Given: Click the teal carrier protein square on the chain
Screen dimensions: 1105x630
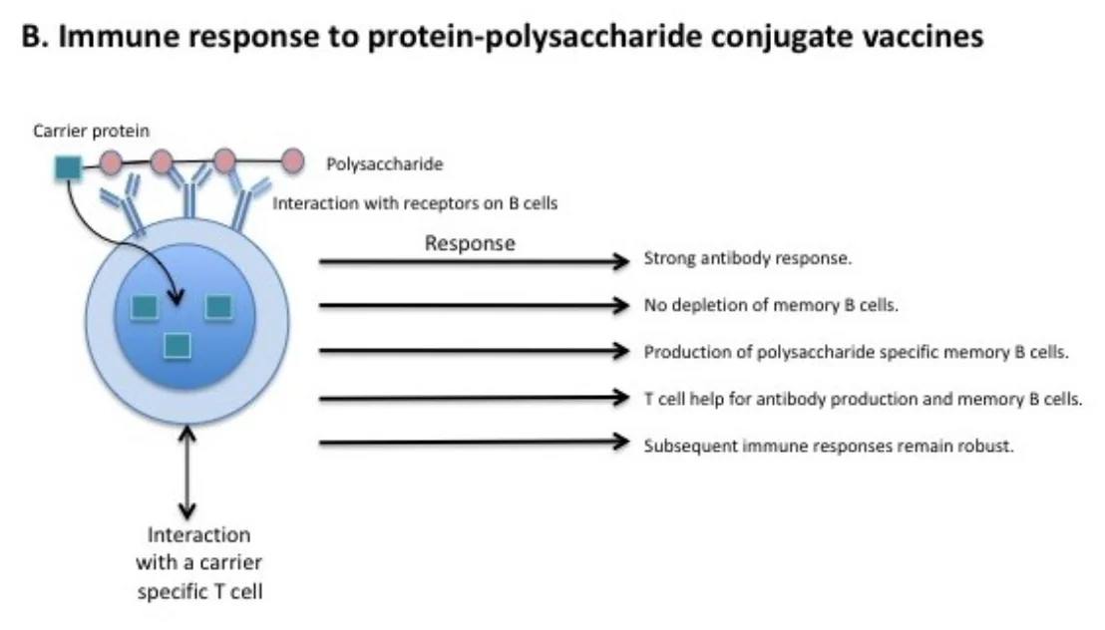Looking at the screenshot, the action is [69, 168].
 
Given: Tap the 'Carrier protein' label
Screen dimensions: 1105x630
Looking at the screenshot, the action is [92, 131].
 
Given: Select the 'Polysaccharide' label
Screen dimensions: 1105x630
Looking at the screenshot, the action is [385, 164].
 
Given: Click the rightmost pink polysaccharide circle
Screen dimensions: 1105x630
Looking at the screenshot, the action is [292, 161].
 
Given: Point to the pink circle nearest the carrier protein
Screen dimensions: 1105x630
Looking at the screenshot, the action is [110, 162].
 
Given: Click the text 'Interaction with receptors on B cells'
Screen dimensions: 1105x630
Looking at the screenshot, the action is [415, 203].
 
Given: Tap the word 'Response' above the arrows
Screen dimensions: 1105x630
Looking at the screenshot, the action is [470, 243].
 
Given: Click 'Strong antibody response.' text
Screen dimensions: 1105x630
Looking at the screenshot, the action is [748, 258].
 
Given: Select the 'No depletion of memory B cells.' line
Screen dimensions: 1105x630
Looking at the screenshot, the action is [771, 305].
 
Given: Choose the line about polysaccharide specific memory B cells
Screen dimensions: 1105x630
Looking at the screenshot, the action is [857, 352].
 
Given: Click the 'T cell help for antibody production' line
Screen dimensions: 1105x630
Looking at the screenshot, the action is [863, 399].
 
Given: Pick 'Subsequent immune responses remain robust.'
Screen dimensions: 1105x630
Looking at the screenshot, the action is [829, 446].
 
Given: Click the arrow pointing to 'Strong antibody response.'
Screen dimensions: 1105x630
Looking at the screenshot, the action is [475, 261].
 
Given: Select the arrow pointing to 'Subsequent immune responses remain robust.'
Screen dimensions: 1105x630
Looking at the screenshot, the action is [475, 443].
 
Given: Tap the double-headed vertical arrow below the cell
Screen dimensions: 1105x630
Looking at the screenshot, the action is [186, 472].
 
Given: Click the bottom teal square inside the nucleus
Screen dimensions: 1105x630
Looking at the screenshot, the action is [177, 346].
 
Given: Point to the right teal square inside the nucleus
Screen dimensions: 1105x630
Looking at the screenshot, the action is [218, 307].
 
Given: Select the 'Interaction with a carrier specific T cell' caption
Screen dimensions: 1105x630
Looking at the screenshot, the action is [199, 563].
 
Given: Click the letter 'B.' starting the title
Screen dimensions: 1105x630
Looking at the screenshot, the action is [34, 37].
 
